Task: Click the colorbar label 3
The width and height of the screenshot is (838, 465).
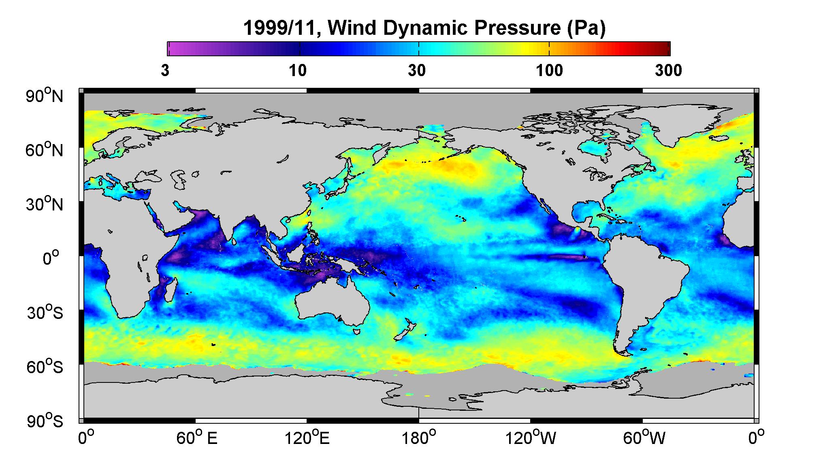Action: click(x=165, y=71)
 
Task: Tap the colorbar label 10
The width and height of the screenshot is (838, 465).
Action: click(x=298, y=71)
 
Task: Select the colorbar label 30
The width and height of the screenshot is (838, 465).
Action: click(x=417, y=71)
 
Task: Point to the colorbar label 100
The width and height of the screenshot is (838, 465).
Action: click(x=549, y=71)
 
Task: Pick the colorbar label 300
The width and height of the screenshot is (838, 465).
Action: click(x=668, y=71)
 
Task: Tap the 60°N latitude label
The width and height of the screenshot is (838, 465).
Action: click(x=45, y=150)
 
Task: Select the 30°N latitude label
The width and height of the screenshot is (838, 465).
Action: click(x=45, y=204)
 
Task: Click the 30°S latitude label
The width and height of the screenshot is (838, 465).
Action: click(x=45, y=313)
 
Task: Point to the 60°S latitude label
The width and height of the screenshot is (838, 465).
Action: click(x=45, y=367)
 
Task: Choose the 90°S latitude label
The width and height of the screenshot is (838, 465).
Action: click(x=45, y=421)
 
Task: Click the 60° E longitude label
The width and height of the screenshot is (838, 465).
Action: click(x=197, y=438)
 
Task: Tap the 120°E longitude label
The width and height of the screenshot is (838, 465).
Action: click(x=307, y=438)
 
